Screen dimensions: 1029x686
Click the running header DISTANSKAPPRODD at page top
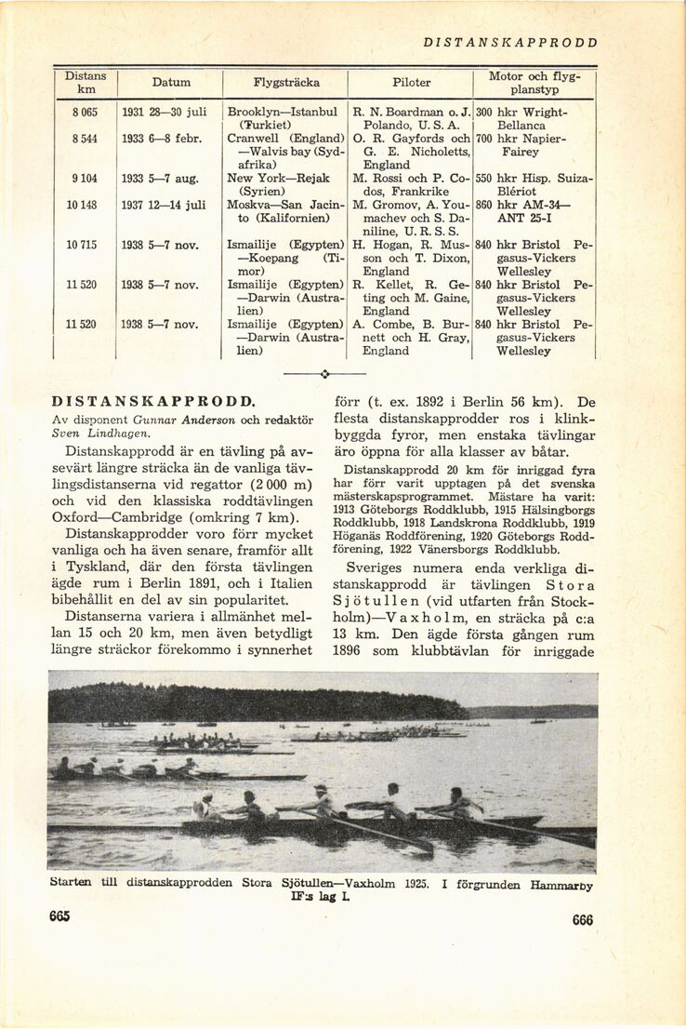[x=510, y=42]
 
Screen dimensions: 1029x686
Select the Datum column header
[x=170, y=82]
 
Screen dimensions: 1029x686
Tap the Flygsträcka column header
[x=286, y=82]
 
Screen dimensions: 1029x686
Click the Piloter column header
[x=411, y=82]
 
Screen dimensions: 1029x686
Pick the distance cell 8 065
[x=86, y=112]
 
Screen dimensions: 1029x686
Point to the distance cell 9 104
[x=86, y=178]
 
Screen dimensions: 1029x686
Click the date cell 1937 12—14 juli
[x=165, y=205]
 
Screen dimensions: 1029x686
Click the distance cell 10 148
[x=85, y=205]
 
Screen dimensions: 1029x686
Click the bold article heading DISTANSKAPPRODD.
[x=153, y=402]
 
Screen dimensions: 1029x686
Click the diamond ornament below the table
[x=325, y=374]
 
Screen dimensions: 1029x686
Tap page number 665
[x=60, y=916]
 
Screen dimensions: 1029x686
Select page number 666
[x=583, y=919]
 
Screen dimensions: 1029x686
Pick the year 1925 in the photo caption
[x=415, y=884]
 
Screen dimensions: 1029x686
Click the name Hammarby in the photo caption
[x=561, y=886]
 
